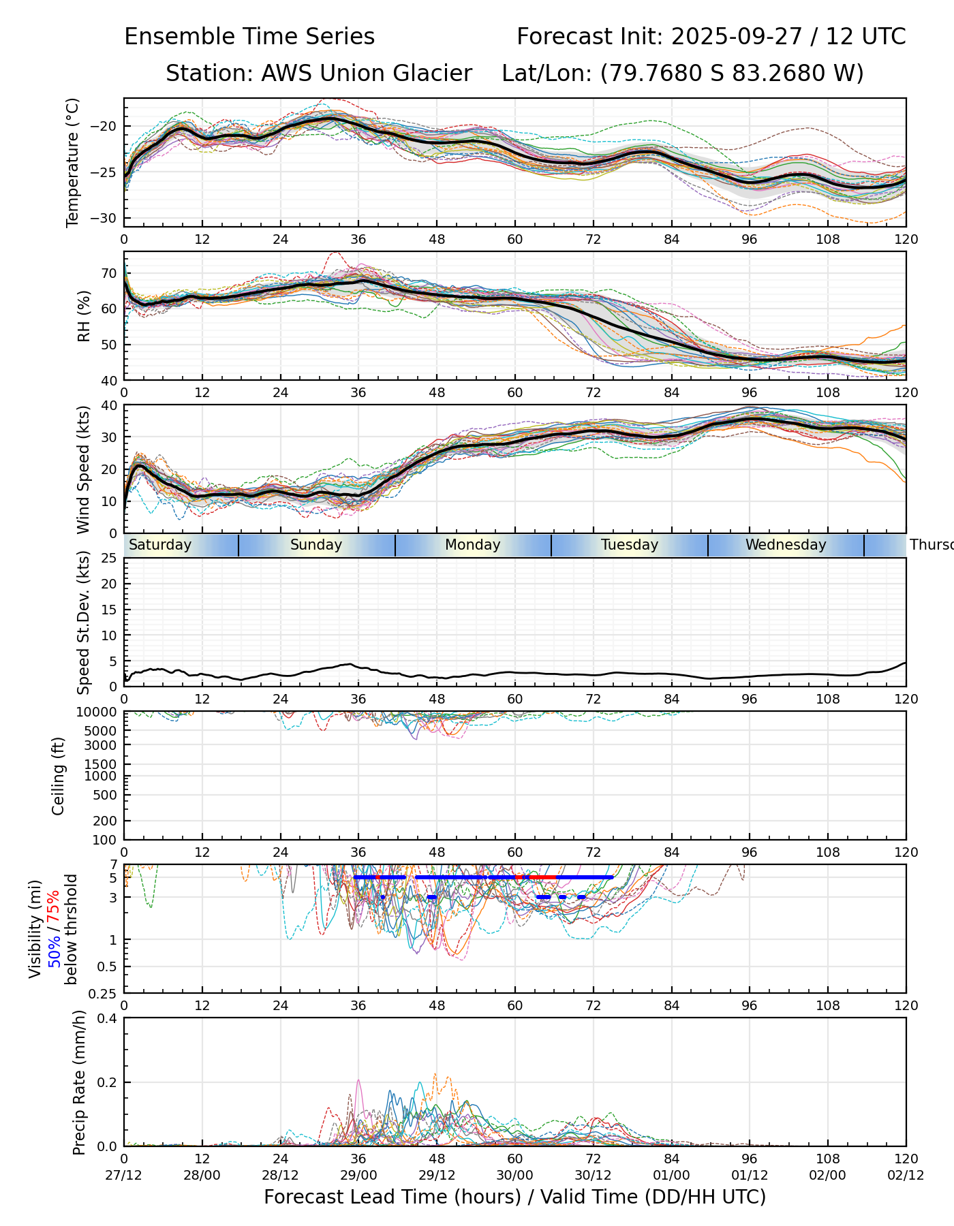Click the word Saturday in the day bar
[160, 545]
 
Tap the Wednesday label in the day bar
[786, 545]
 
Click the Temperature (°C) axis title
[73, 162]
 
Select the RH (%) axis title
[84, 315]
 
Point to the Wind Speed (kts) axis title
[84, 469]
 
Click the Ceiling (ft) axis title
[59, 776]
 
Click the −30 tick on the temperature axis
[107, 218]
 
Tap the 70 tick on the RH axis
[110, 273]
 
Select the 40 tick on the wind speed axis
[110, 405]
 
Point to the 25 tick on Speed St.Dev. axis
[110, 559]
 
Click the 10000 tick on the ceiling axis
[98, 712]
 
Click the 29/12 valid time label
[437, 1176]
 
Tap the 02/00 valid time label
[828, 1176]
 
